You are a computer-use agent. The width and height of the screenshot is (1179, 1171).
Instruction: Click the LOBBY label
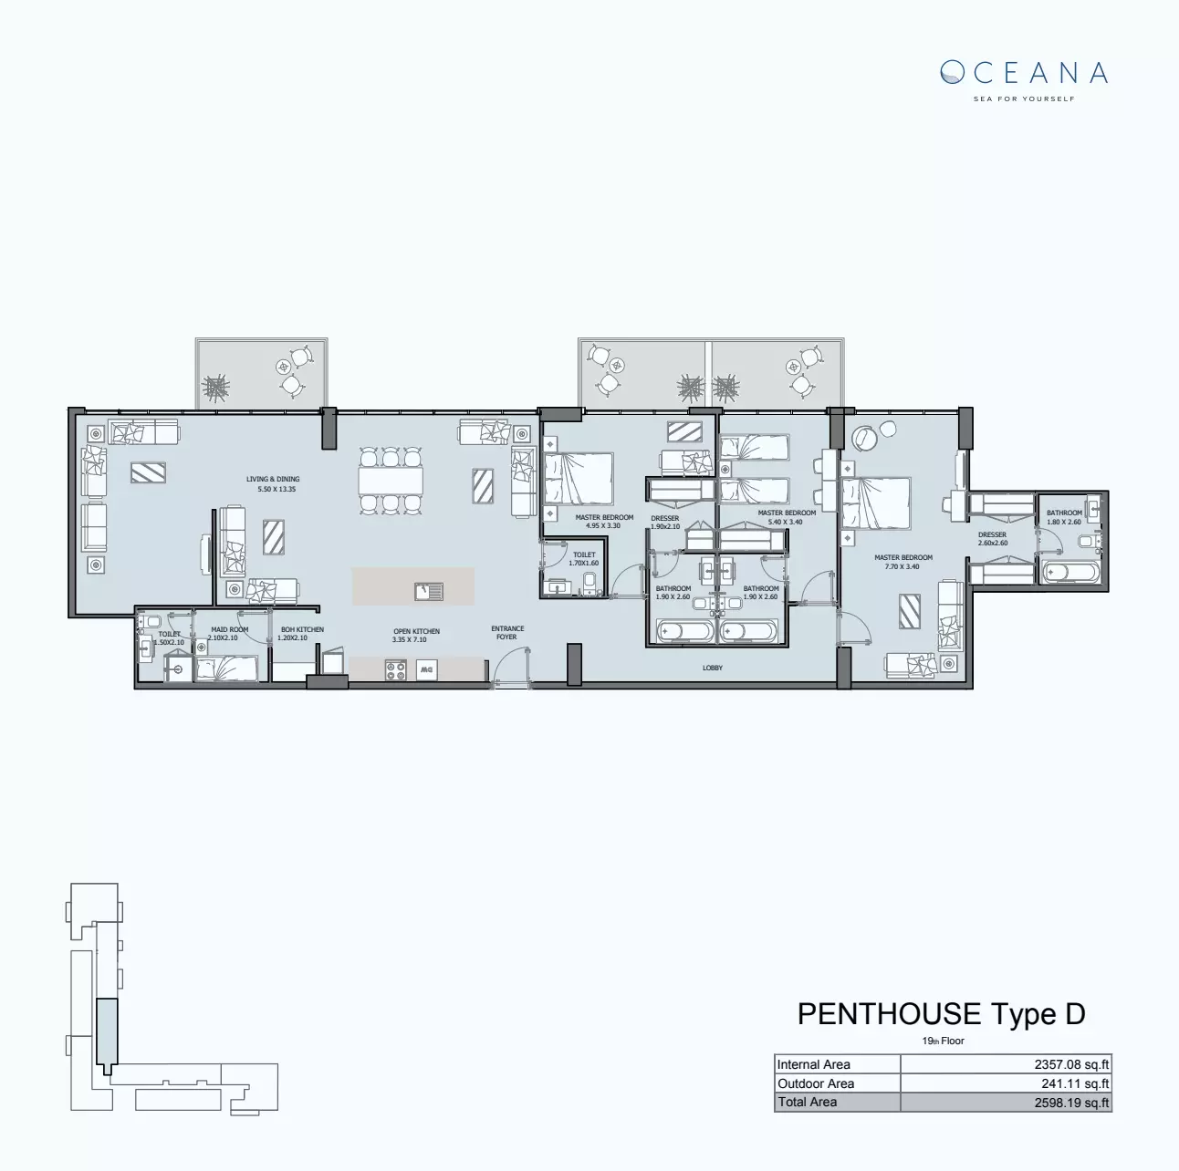tap(713, 668)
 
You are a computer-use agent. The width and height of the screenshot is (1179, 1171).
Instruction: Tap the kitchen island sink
tap(429, 592)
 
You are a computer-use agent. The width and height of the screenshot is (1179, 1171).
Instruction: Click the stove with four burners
tap(396, 670)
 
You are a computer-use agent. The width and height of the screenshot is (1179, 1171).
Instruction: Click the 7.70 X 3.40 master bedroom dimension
tap(903, 566)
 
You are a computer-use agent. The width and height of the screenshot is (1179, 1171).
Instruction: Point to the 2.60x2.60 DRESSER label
tap(992, 539)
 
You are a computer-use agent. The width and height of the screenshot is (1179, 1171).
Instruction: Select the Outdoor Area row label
tap(816, 1083)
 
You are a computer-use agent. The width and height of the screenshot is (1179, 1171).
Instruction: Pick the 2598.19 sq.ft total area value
tap(1071, 1103)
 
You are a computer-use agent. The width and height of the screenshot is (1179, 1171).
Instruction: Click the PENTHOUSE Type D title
tap(941, 1014)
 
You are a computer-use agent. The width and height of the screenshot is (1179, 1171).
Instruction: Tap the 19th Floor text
tap(943, 1041)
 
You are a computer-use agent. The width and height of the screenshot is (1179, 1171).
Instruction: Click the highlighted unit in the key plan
tap(107, 1032)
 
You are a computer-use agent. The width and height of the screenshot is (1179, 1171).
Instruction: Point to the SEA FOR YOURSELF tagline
tap(1024, 98)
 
